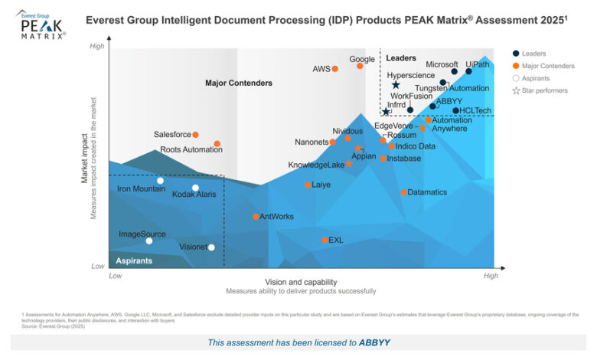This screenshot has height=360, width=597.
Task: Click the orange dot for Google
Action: [x=360, y=66]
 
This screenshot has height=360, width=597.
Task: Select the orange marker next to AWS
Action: [x=335, y=69]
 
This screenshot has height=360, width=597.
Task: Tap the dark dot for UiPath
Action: [x=469, y=71]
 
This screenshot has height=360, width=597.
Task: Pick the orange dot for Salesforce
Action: [x=196, y=135]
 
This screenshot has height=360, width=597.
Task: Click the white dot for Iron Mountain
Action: [x=160, y=181]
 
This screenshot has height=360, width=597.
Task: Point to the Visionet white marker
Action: [x=211, y=247]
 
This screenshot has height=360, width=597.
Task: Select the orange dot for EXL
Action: [x=325, y=240]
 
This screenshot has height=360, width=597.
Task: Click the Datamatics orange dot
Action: [x=403, y=192]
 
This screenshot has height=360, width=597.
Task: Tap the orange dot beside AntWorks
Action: [x=256, y=217]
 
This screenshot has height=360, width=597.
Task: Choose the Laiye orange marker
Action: [x=308, y=185]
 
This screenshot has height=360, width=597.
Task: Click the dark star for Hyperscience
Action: [x=396, y=85]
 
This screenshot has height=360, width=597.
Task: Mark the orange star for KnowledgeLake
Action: [x=349, y=164]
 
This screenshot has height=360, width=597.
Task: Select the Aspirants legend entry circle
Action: [x=516, y=78]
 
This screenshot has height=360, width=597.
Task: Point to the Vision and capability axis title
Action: [x=301, y=281]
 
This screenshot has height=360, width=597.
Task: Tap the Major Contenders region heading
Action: [x=239, y=83]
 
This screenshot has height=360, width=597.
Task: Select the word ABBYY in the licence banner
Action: [x=375, y=342]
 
